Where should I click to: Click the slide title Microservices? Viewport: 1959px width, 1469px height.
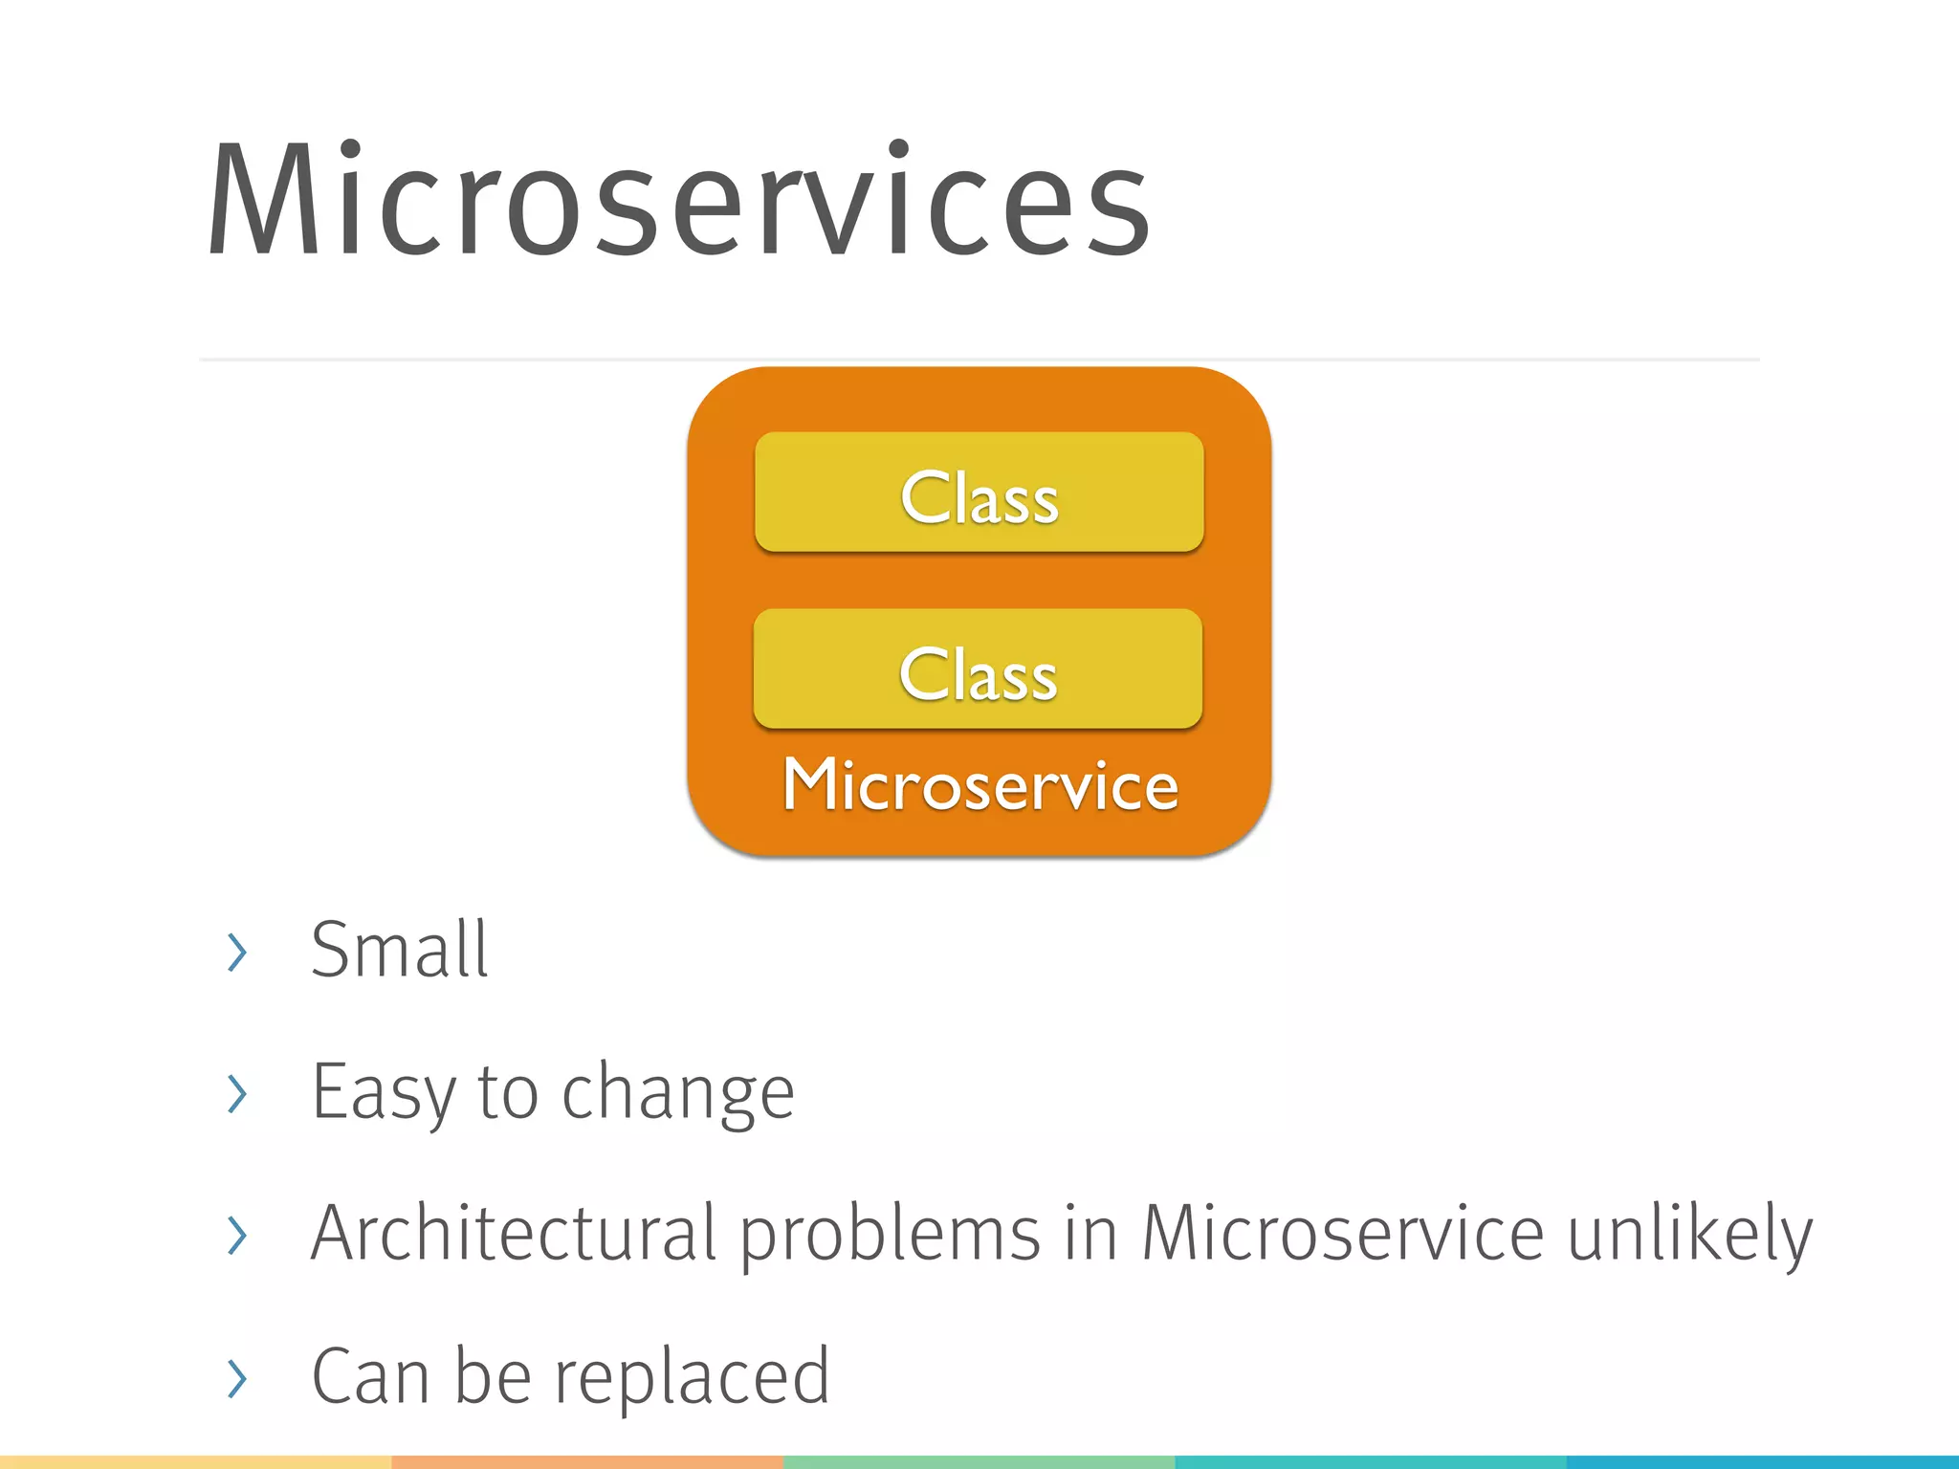click(679, 201)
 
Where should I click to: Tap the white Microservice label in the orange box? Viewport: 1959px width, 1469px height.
click(980, 786)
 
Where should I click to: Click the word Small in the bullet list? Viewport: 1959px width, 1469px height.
click(400, 951)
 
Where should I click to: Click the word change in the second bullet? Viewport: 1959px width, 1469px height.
click(677, 1092)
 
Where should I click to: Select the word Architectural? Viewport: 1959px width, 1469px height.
click(514, 1234)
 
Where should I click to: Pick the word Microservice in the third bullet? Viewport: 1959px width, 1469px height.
click(1342, 1234)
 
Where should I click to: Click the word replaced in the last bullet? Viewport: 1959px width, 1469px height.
click(692, 1377)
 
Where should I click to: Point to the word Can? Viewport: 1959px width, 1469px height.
click(370, 1377)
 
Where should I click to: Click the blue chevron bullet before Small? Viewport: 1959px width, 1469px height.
click(237, 953)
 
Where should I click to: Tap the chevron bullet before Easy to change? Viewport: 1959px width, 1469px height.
click(237, 1094)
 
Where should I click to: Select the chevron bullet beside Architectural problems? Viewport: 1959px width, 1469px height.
click(237, 1236)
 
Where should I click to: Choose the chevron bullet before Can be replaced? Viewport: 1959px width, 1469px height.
click(237, 1378)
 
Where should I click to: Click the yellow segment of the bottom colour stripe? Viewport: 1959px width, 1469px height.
click(196, 1462)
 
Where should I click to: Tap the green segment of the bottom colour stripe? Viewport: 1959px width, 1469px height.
click(979, 1462)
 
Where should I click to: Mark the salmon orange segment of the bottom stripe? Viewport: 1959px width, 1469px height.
click(587, 1462)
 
